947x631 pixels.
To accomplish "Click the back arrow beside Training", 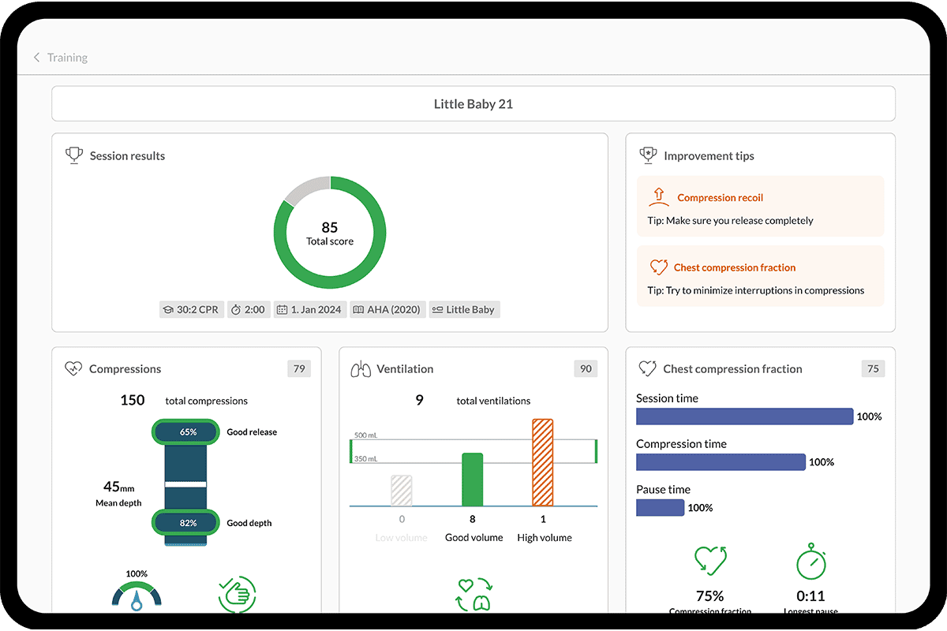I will click(36, 58).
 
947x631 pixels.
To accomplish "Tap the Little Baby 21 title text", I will click(473, 103).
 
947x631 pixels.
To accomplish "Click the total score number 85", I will click(330, 228).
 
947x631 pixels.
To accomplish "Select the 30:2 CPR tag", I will click(192, 309).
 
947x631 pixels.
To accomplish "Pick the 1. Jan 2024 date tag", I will click(309, 309).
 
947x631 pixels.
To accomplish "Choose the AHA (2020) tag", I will click(388, 309).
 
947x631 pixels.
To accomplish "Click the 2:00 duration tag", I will click(248, 309).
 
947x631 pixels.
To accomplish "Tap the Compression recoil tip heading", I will click(720, 198).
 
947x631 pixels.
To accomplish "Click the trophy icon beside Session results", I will click(73, 155).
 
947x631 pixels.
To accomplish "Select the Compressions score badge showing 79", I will click(299, 368).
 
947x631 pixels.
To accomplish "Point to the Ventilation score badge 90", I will click(586, 368).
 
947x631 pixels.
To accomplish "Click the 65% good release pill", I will click(188, 432).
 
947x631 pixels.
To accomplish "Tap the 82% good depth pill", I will click(188, 522).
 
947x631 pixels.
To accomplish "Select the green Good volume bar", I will click(472, 480).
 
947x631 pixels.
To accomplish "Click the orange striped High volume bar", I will click(543, 462).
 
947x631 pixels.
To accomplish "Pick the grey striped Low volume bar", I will click(402, 490).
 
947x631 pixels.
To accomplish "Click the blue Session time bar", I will click(744, 416).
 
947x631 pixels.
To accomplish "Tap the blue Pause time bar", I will click(660, 508).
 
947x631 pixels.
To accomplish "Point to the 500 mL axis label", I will click(366, 435).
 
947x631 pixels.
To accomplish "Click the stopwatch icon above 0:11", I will click(810, 562).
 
